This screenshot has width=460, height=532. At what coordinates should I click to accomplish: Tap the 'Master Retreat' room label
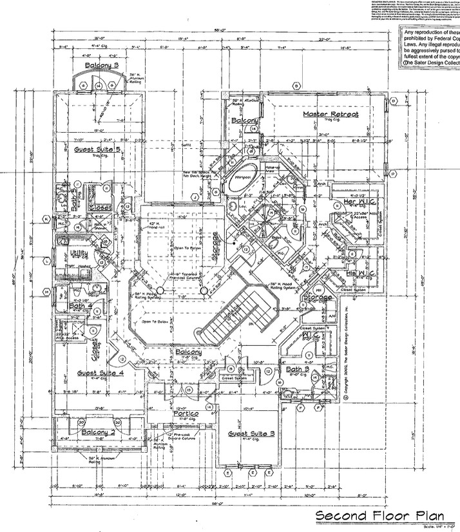click(x=330, y=114)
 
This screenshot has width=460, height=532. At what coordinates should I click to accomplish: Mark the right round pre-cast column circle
click(x=204, y=291)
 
